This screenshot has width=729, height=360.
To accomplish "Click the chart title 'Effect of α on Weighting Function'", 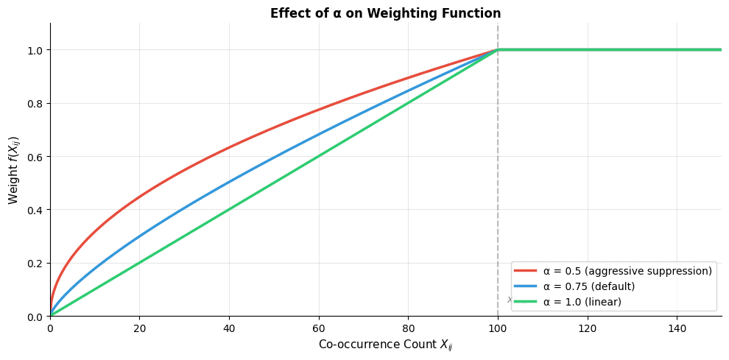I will pyautogui.click(x=385, y=13).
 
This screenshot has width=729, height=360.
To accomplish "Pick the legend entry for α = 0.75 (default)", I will pyautogui.click(x=588, y=286).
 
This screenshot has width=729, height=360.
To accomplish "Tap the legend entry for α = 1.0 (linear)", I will pyautogui.click(x=582, y=302).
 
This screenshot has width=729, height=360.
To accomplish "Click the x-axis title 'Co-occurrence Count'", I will pyautogui.click(x=385, y=345).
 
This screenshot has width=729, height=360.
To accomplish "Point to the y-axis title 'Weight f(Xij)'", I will pyautogui.click(x=13, y=169).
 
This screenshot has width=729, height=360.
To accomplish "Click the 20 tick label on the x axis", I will pyautogui.click(x=139, y=328).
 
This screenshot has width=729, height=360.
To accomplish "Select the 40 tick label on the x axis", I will pyautogui.click(x=229, y=328).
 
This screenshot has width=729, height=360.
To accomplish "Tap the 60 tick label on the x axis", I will pyautogui.click(x=318, y=328).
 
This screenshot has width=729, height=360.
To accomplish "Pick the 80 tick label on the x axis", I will pyautogui.click(x=408, y=328).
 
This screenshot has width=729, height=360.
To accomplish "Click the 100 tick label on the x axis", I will pyautogui.click(x=498, y=328).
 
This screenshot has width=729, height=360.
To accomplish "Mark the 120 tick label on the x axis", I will pyautogui.click(x=587, y=328).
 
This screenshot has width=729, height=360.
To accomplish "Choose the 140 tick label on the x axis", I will pyautogui.click(x=677, y=328).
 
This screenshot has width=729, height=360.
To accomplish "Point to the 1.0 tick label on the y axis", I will pyautogui.click(x=35, y=50).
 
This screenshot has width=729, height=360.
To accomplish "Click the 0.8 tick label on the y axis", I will pyautogui.click(x=35, y=104).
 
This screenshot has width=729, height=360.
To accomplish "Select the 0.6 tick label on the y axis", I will pyautogui.click(x=35, y=157).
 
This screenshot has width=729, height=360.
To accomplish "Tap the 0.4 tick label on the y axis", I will pyautogui.click(x=35, y=211).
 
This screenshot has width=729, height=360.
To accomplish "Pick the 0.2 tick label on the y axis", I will pyautogui.click(x=35, y=264).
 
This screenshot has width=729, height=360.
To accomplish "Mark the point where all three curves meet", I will pyautogui.click(x=498, y=50).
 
